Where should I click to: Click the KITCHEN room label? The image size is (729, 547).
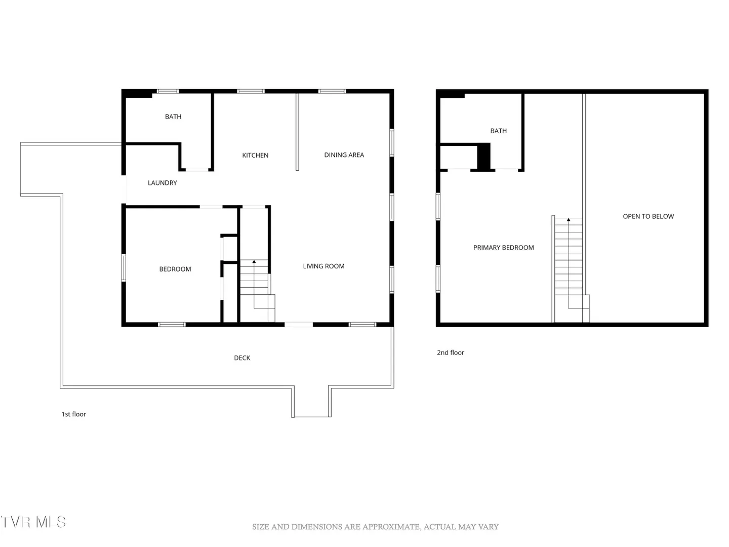pyautogui.click(x=255, y=155)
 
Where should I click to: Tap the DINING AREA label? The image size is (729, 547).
pyautogui.click(x=344, y=155)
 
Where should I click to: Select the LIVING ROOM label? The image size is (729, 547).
pyautogui.click(x=323, y=266)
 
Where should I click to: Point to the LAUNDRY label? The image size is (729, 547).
pyautogui.click(x=162, y=183)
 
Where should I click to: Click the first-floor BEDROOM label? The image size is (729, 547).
pyautogui.click(x=175, y=269)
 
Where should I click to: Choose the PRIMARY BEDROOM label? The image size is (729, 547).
pyautogui.click(x=503, y=248)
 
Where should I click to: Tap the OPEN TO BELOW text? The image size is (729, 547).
pyautogui.click(x=648, y=216)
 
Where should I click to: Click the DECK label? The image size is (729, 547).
pyautogui.click(x=242, y=358)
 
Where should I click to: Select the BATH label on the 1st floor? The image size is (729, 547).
pyautogui.click(x=173, y=116)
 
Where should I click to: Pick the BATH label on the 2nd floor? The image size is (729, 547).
pyautogui.click(x=498, y=131)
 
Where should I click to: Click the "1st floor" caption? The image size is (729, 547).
pyautogui.click(x=73, y=414)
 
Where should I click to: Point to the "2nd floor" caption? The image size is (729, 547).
pyautogui.click(x=450, y=353)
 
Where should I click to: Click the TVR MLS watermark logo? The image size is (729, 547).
pyautogui.click(x=33, y=522)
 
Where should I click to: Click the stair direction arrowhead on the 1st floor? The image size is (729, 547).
pyautogui.click(x=254, y=262)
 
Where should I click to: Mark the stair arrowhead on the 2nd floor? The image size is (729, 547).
pyautogui.click(x=568, y=220)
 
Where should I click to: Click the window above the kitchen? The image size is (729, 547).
pyautogui.click(x=251, y=91)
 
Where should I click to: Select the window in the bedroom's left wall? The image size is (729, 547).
pyautogui.click(x=124, y=268)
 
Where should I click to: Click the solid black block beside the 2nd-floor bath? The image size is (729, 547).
pyautogui.click(x=483, y=157)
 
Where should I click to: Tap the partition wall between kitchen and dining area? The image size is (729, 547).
pyautogui.click(x=297, y=132)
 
